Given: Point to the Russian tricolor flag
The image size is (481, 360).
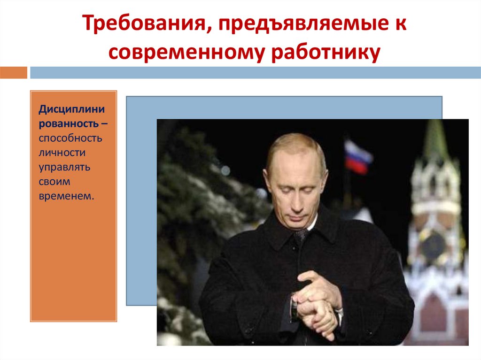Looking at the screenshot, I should point(358,156).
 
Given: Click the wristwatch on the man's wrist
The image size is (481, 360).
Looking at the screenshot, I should point(295,307).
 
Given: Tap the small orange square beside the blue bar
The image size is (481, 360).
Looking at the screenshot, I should point(14,72).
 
